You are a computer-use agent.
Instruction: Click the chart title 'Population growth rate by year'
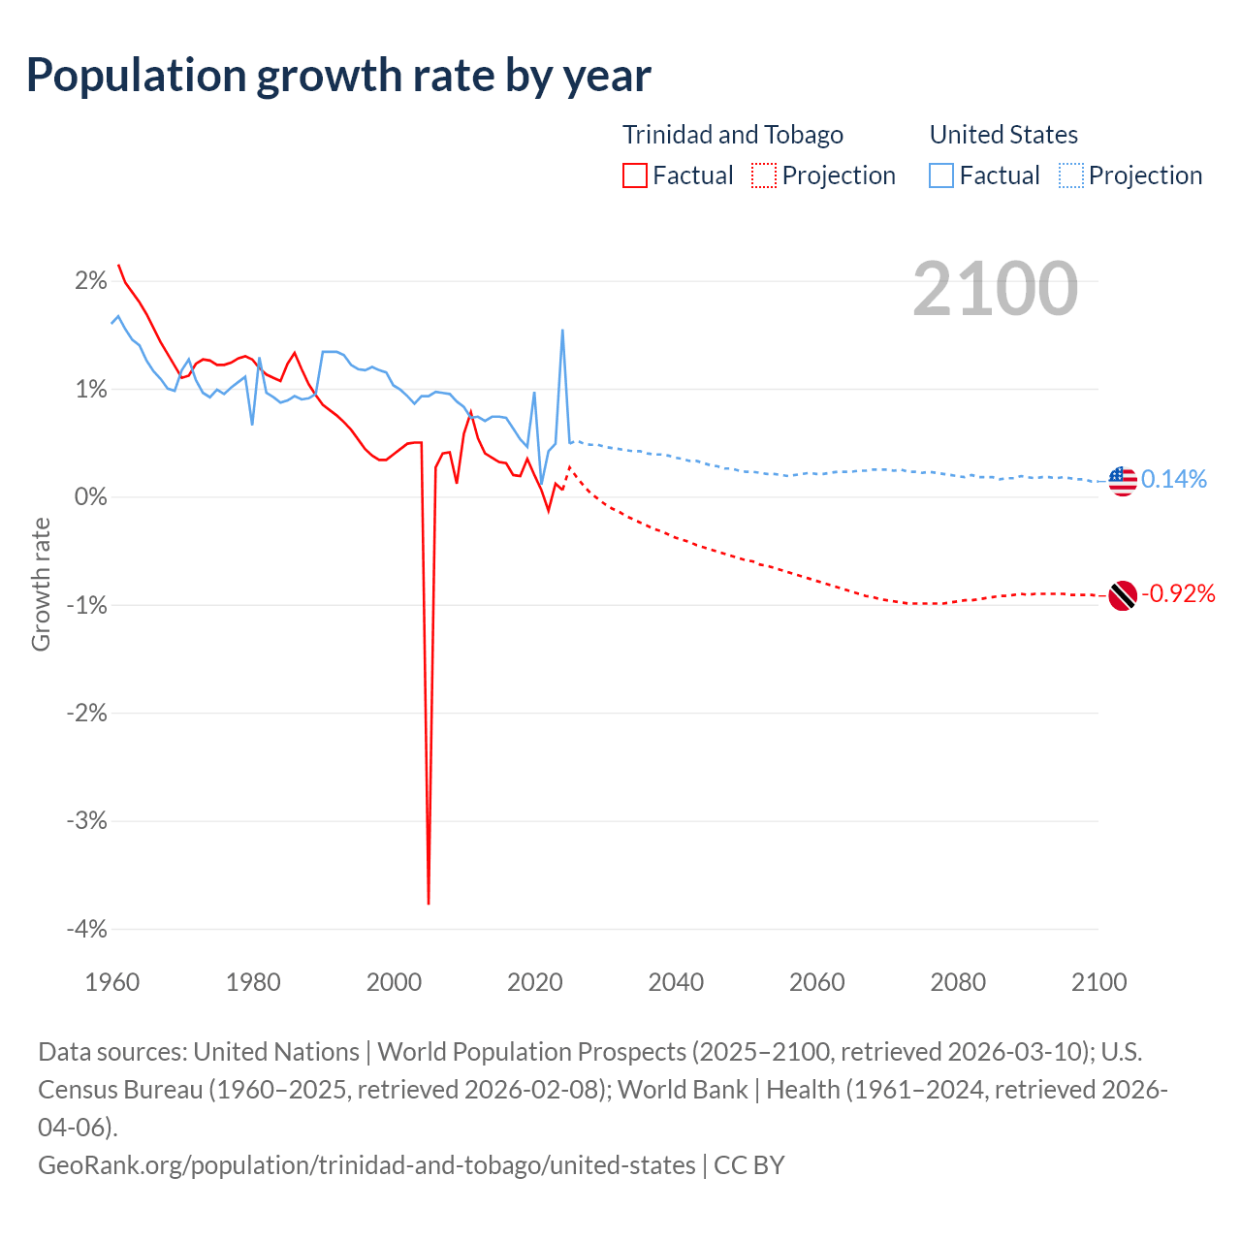pos(338,76)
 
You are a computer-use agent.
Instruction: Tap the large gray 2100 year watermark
pos(995,289)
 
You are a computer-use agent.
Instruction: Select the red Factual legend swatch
pos(635,175)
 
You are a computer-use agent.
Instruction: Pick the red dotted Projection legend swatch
pos(764,175)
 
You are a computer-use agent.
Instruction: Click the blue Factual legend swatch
pos(941,175)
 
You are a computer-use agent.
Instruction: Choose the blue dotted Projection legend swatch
pos(1070,175)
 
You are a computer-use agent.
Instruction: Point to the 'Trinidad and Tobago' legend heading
pos(733,135)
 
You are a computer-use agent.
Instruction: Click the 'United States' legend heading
pos(1003,135)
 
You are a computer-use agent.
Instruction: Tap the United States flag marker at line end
pos(1122,480)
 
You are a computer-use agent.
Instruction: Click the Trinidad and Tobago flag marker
pos(1122,595)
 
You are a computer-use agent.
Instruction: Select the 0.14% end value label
pos(1174,479)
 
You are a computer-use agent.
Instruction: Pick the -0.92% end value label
pos(1178,593)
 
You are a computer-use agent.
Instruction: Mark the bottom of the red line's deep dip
pos(429,903)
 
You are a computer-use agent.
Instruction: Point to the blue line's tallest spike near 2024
pos(562,332)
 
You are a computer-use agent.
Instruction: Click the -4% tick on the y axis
pos(86,929)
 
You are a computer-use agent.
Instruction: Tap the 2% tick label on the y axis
pos(90,281)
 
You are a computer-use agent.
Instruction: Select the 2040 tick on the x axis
pos(676,982)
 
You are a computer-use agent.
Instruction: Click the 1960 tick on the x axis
pos(112,982)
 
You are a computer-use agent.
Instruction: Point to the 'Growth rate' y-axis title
pos(41,585)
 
